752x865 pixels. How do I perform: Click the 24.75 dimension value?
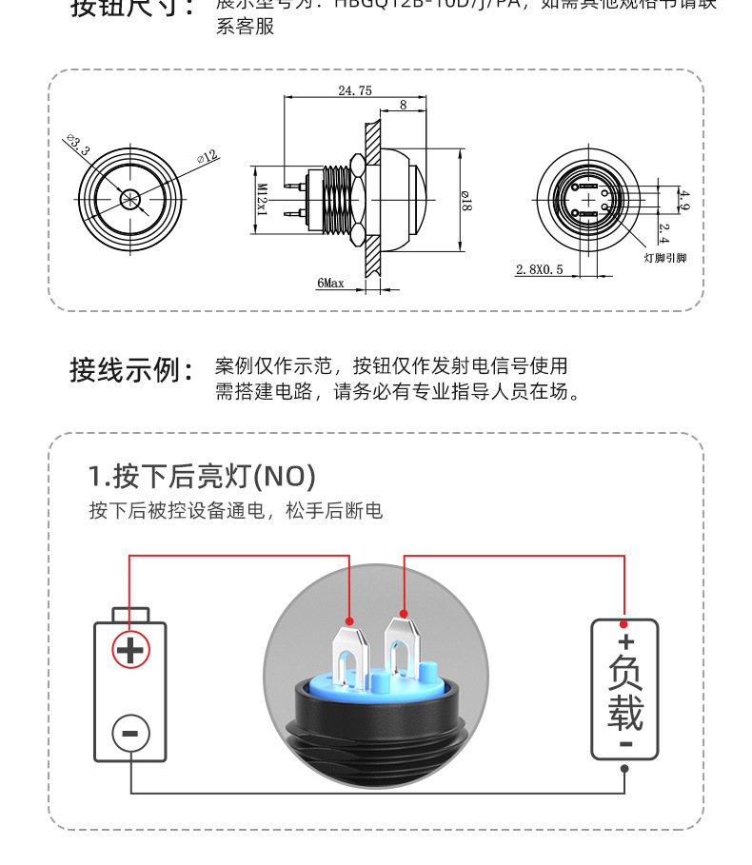point(354,90)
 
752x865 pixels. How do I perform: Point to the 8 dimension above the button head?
point(404,106)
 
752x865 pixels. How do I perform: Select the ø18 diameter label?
point(465,201)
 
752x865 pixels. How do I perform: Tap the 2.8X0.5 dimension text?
point(540,269)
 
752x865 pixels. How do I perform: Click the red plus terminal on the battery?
point(130,651)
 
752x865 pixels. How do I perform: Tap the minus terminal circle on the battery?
point(130,733)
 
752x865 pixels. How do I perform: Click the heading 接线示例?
point(132,369)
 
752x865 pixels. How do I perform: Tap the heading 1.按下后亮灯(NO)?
point(201,475)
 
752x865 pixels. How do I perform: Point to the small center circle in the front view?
point(130,199)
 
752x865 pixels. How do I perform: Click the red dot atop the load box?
point(624,624)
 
